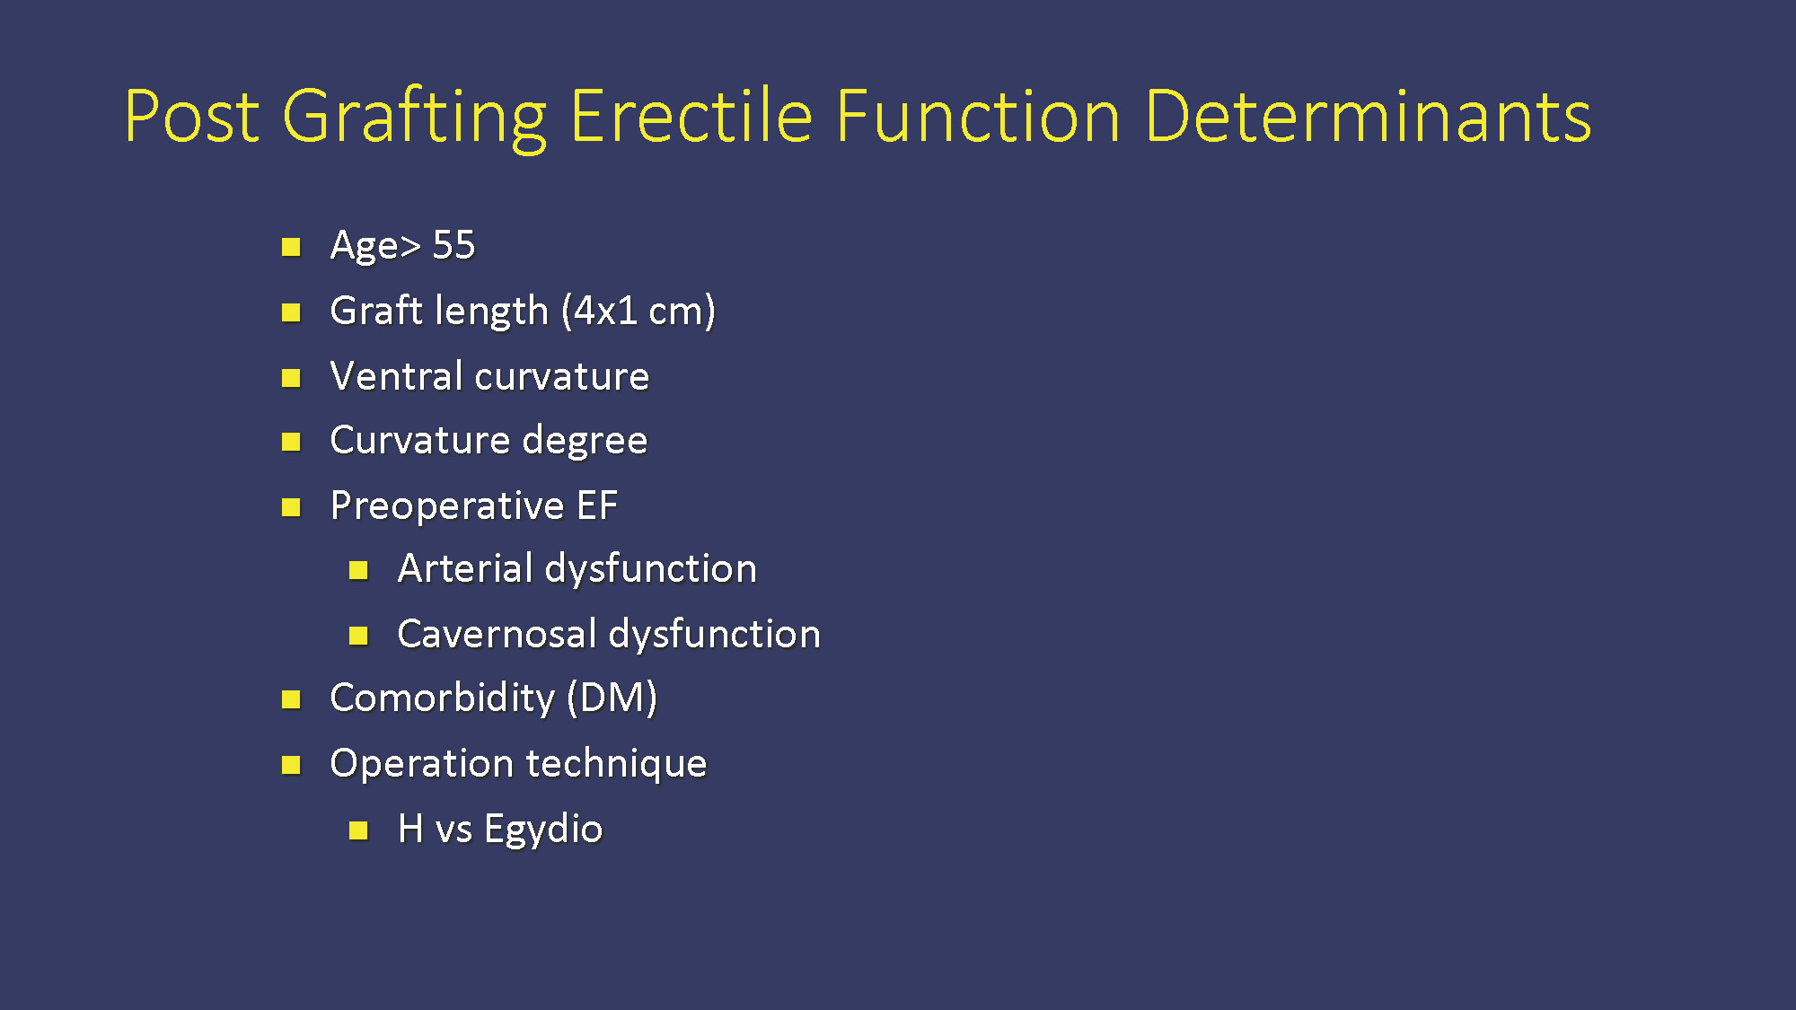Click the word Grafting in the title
(415, 119)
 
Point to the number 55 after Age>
(453, 245)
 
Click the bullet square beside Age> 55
(291, 247)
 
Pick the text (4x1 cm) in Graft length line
(638, 312)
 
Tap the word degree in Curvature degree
(585, 442)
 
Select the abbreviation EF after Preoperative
(597, 505)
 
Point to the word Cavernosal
(497, 634)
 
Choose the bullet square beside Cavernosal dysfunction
(358, 636)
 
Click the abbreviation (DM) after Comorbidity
(612, 698)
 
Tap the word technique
(617, 765)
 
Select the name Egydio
(543, 830)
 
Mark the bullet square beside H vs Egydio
(358, 830)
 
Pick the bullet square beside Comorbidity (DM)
(291, 699)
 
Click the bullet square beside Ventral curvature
(291, 378)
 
